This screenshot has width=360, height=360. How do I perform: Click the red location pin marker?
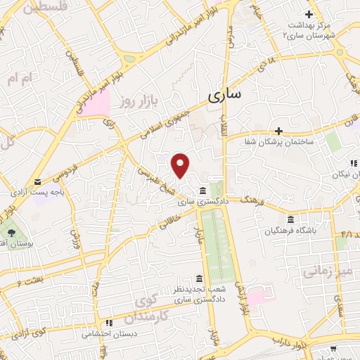181,165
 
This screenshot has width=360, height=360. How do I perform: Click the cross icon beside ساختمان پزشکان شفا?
278,131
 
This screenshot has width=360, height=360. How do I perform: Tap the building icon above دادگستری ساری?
202,191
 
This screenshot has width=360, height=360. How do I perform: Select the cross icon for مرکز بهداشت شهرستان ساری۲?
309,13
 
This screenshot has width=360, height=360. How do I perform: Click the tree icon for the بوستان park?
11,232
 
